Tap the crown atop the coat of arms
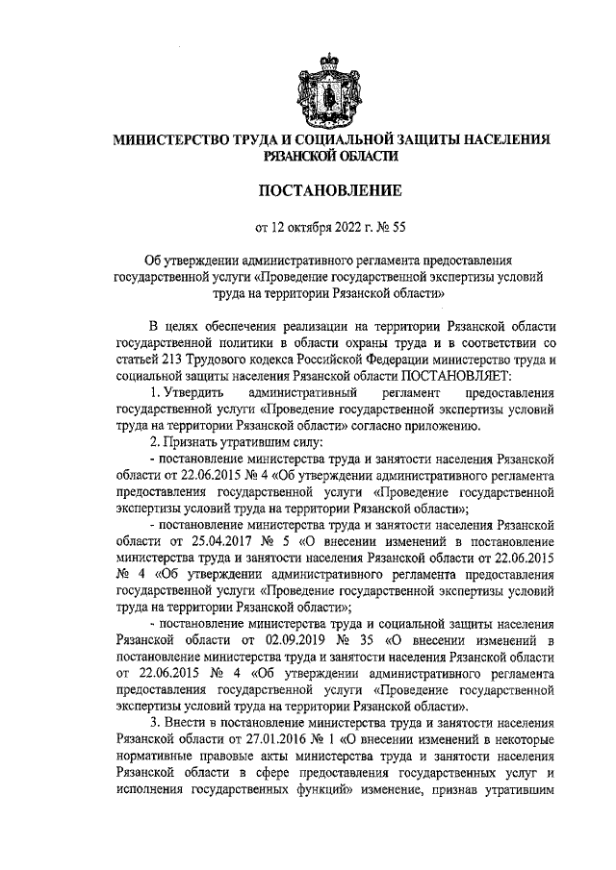tap(332, 59)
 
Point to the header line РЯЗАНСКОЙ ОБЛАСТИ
tap(332, 155)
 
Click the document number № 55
tap(394, 229)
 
